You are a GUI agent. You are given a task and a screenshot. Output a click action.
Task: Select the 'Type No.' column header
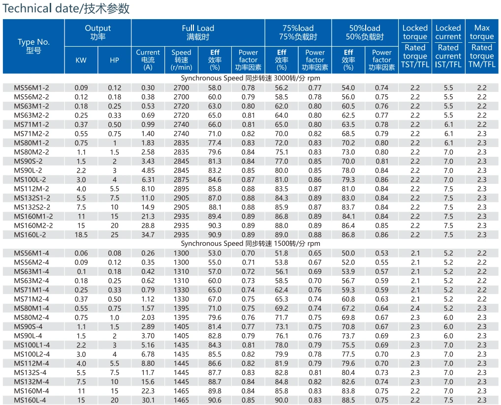(33, 42)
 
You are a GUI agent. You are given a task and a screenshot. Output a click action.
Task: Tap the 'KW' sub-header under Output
(81, 60)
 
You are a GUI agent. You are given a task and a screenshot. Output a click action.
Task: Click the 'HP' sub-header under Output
(114, 60)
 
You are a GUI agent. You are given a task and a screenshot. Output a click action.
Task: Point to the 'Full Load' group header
(198, 28)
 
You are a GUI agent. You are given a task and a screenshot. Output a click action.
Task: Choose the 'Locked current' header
(448, 32)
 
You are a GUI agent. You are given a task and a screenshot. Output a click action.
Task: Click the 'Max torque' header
(482, 32)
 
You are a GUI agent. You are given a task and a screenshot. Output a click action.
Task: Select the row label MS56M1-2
(31, 88)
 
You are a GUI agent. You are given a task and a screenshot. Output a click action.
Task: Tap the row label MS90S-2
(28, 161)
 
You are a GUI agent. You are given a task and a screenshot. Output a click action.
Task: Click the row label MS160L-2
(30, 235)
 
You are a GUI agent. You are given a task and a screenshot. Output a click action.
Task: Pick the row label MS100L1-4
(31, 345)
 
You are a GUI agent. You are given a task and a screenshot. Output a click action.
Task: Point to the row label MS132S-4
(30, 373)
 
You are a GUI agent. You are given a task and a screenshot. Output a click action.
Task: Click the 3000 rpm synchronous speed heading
(250, 78)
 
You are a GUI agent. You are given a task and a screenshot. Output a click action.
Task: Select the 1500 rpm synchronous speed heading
(250, 243)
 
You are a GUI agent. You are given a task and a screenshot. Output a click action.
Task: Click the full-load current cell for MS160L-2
(148, 235)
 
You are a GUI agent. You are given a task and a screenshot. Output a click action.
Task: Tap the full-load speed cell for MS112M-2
(182, 189)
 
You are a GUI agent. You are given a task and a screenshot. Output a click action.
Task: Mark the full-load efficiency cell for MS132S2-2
(215, 207)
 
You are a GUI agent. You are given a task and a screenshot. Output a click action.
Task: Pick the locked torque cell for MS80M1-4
(415, 308)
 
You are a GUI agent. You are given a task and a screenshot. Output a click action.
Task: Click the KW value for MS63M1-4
(81, 272)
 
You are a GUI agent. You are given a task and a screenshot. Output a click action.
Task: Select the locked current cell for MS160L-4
(448, 400)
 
